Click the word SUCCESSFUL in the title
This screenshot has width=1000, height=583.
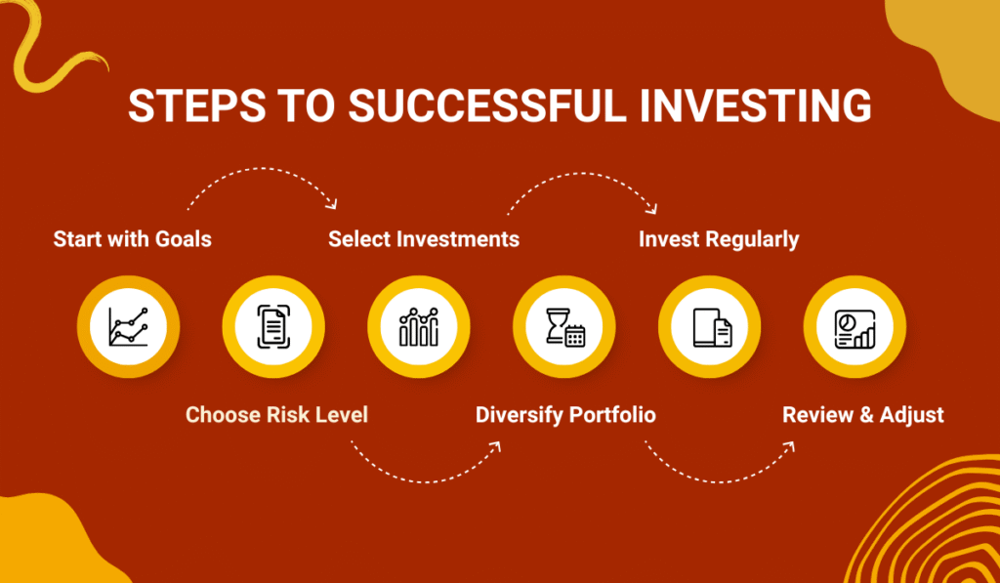(486, 106)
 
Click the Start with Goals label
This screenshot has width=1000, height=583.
(132, 239)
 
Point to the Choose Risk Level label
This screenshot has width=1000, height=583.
(276, 415)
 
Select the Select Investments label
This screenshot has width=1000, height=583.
(424, 239)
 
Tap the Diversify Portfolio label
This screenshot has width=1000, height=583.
(565, 415)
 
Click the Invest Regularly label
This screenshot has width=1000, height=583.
(719, 239)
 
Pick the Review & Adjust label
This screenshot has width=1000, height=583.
(863, 415)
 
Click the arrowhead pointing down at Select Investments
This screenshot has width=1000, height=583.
(333, 204)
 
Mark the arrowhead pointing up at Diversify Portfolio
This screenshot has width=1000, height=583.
(496, 446)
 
